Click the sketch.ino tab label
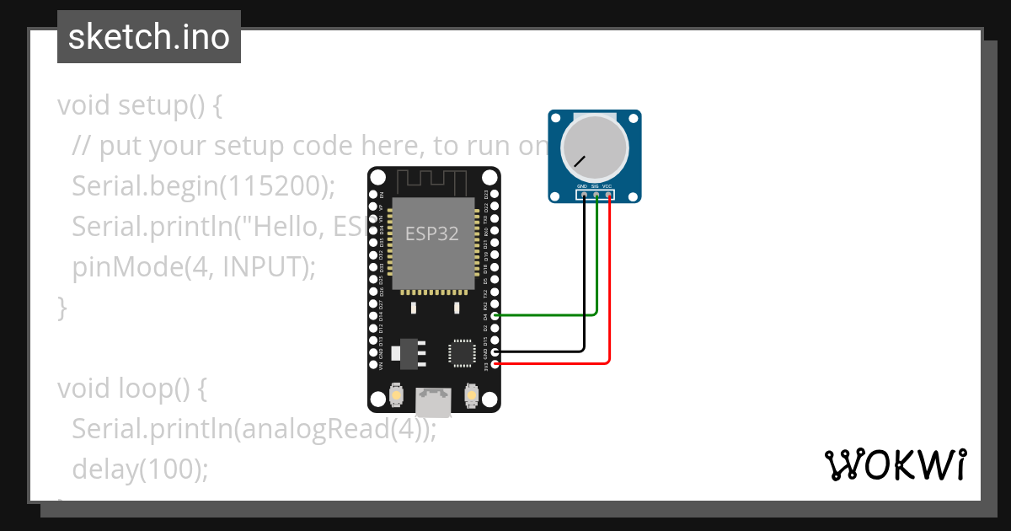tap(149, 37)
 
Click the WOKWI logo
tap(895, 464)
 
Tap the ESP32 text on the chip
tap(432, 233)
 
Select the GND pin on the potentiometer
tap(584, 196)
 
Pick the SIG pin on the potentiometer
tap(596, 196)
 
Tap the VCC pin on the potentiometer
tap(608, 196)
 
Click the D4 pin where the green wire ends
tap(495, 315)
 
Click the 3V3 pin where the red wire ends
tap(495, 364)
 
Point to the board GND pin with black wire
tap(495, 351)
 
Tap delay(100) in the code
tap(140, 469)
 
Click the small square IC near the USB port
tap(462, 352)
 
